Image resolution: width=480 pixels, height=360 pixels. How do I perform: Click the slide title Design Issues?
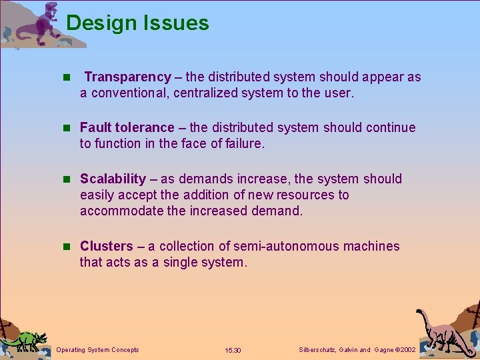137,23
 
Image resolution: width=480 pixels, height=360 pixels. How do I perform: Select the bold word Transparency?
128,77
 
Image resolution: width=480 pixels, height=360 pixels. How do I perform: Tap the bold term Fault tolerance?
127,127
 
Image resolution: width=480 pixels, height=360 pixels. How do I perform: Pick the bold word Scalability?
113,179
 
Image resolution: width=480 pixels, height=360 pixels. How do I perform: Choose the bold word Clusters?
107,246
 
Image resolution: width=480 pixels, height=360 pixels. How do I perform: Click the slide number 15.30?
233,350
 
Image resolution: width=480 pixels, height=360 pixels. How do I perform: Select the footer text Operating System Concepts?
98,349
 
